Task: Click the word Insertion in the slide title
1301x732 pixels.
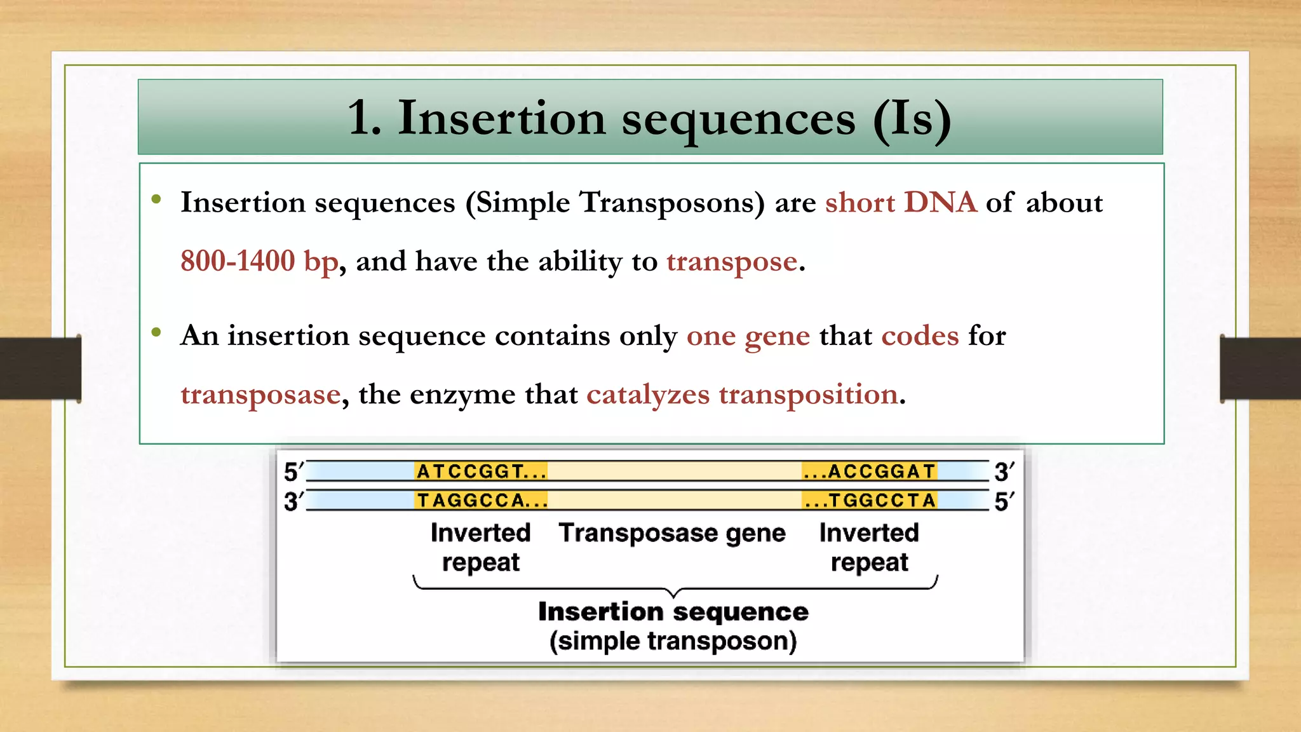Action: [x=501, y=118]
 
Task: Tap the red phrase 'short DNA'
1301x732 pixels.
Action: [x=900, y=203]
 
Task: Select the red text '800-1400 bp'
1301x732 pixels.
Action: [x=259, y=261]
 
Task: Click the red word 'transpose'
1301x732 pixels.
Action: [x=731, y=261]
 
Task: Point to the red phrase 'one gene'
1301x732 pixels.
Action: [x=748, y=335]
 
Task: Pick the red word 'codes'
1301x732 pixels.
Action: [x=919, y=335]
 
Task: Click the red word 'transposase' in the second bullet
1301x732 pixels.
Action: [x=260, y=395]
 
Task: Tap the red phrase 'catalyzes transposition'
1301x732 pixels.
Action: [x=741, y=395]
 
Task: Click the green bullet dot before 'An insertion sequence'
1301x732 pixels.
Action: [x=156, y=332]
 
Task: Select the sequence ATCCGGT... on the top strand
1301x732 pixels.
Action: [x=481, y=471]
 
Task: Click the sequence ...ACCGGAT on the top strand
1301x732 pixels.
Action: [x=869, y=471]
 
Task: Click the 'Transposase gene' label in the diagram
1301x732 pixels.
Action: [x=672, y=533]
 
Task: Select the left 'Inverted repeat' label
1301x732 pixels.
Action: [x=480, y=547]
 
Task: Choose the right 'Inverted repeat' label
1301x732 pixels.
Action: [x=869, y=547]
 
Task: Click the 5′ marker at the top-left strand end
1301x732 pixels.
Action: [x=293, y=472]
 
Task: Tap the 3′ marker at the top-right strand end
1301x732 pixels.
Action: [x=1004, y=472]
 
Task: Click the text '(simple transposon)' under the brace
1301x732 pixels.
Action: [x=673, y=641]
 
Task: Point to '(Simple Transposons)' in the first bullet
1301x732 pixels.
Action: [x=615, y=203]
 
